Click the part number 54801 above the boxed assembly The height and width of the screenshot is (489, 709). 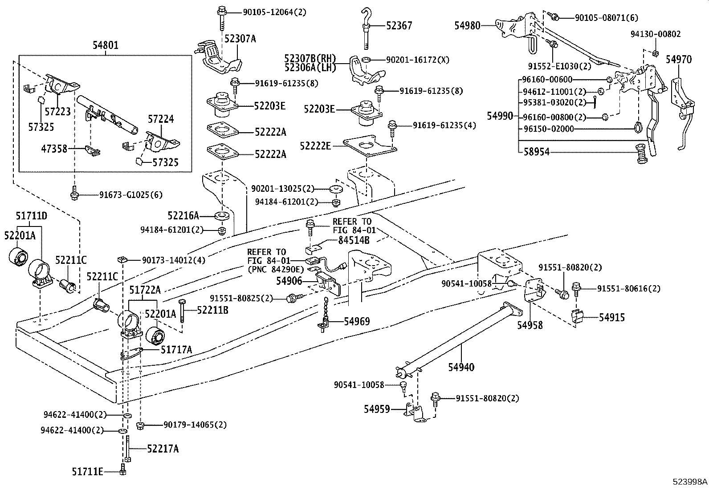click(106, 45)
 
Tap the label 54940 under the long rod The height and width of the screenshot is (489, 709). click(461, 367)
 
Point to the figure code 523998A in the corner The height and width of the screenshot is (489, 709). click(690, 481)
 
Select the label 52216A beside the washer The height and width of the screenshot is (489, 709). click(183, 216)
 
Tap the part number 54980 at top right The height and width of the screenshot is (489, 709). click(467, 26)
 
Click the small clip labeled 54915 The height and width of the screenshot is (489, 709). click(577, 317)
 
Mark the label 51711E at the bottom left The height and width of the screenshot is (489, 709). click(87, 471)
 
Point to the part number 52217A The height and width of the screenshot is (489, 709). click(163, 449)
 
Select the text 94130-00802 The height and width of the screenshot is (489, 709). click(655, 34)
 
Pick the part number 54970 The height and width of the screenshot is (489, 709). click(679, 59)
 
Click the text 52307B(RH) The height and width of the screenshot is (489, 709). click(310, 58)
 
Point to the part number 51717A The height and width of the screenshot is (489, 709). click(176, 350)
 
